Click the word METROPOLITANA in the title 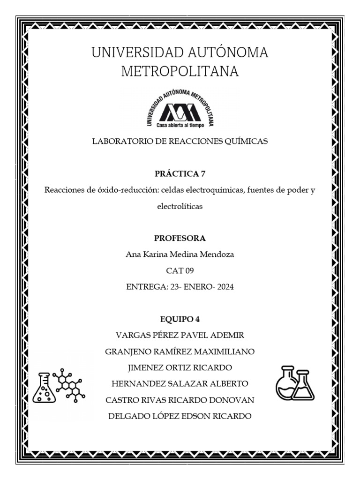180,72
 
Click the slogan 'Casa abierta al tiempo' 180,125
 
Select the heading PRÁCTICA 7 180,174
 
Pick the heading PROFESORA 180,238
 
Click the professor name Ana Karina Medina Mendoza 180,255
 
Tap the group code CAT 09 180,270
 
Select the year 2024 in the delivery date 223,287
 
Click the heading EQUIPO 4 180,319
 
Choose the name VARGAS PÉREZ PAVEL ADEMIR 180,336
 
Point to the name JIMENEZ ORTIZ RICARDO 180,367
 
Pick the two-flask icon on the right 294,383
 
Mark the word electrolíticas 180,206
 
